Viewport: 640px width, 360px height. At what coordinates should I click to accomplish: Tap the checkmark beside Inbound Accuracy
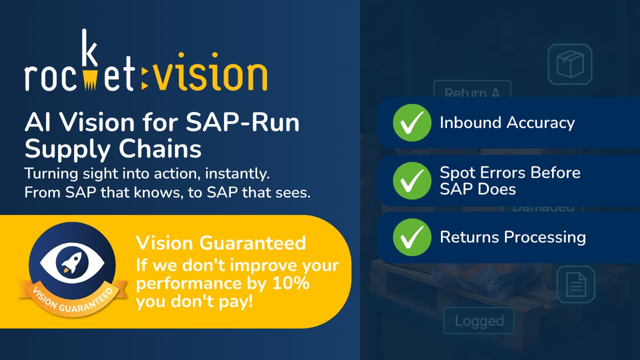(x=412, y=123)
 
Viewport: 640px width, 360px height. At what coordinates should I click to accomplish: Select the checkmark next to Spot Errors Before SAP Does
(x=412, y=181)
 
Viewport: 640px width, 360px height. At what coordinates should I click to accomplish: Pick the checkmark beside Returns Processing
(x=412, y=237)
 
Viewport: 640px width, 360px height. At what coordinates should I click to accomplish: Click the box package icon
(x=571, y=64)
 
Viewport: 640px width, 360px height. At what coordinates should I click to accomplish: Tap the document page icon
(x=575, y=285)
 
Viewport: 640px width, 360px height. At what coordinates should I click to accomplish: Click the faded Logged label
(x=479, y=321)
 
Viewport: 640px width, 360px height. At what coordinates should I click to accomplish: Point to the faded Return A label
(x=472, y=93)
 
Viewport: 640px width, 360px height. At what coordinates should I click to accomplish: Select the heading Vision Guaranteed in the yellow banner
(x=221, y=243)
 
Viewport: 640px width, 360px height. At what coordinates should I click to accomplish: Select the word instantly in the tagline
(x=251, y=174)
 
